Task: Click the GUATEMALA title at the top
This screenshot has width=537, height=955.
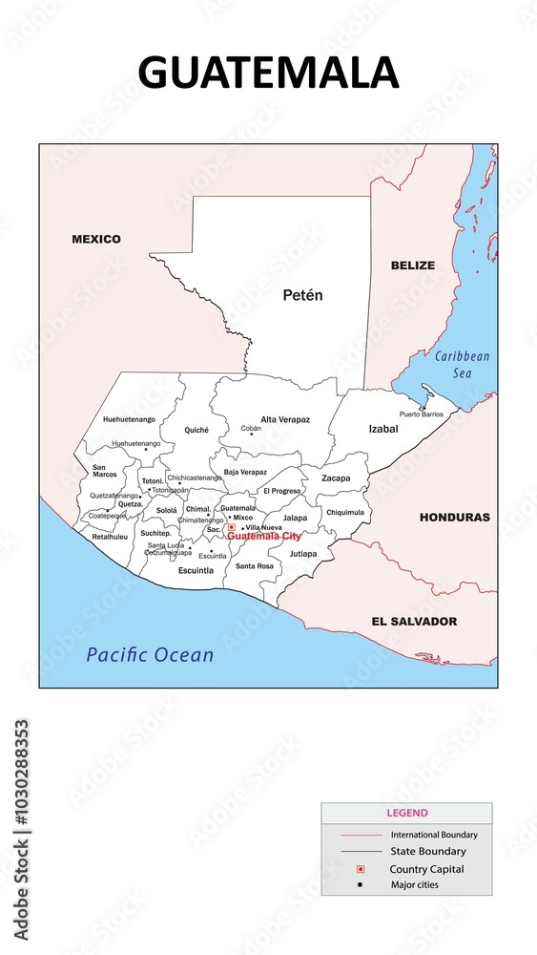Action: (268, 73)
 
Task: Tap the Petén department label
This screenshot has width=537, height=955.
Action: (303, 295)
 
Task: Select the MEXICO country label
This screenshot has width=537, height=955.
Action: (96, 239)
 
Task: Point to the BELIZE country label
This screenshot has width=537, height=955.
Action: (412, 265)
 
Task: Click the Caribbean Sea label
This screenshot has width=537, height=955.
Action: (462, 364)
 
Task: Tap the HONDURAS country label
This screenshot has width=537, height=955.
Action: (455, 517)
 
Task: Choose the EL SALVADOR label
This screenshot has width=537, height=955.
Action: (414, 621)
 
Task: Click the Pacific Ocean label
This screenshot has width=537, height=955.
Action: (150, 655)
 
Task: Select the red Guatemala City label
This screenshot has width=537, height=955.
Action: (264, 537)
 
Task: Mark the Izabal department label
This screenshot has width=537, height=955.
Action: (383, 429)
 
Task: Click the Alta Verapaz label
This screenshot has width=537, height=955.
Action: (285, 419)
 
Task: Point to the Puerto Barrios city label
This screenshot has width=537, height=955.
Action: (422, 414)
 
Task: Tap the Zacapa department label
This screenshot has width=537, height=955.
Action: (336, 477)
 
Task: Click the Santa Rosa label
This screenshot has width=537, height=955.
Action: (255, 566)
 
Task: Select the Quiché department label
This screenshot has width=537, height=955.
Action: (196, 430)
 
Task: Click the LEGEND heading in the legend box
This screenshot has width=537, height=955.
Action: (406, 813)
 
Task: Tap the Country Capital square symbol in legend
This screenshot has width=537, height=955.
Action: (361, 869)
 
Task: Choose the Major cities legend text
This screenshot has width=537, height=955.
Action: (415, 885)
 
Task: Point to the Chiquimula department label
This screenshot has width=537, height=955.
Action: (345, 512)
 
